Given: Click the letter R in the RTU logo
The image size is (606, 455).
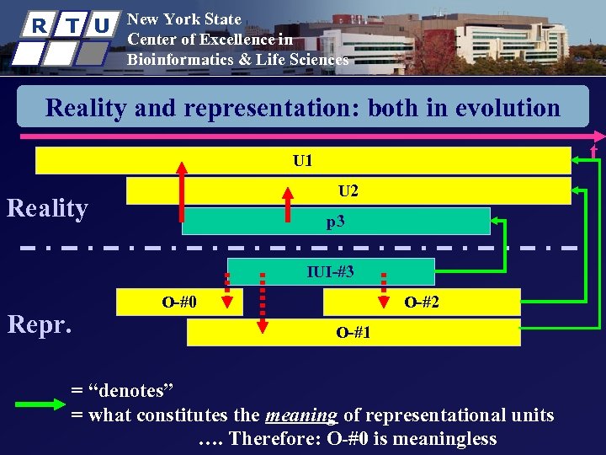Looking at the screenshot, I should point(38,24).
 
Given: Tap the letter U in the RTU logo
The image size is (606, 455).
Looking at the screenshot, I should point(101,24).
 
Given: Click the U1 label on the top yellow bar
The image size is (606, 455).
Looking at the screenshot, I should point(303,159).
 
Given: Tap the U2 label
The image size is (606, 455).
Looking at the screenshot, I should point(348,190).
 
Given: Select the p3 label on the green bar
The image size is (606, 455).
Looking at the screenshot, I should point(336,222).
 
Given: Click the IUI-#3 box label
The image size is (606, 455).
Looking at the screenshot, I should point(331,271).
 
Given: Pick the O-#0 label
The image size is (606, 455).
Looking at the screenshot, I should point(179,302).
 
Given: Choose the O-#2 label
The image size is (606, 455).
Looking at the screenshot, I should point(422,302).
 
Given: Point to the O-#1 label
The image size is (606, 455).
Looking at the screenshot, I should point(353,332).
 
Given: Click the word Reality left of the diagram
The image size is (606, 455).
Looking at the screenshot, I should point(47,208).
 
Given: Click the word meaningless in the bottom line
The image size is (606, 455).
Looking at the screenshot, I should point(441,439).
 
